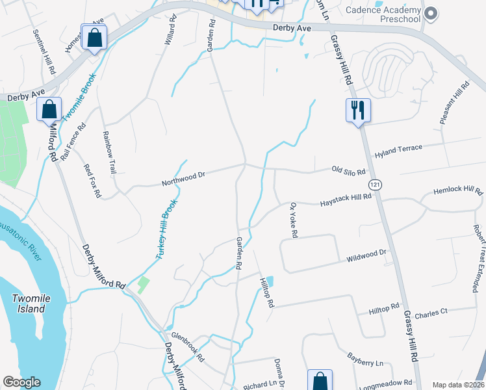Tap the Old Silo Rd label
point(349,171)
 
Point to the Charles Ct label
point(431,312)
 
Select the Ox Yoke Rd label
point(292,220)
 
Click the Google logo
point(21,382)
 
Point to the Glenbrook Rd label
point(187,348)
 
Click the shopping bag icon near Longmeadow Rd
point(320,381)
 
